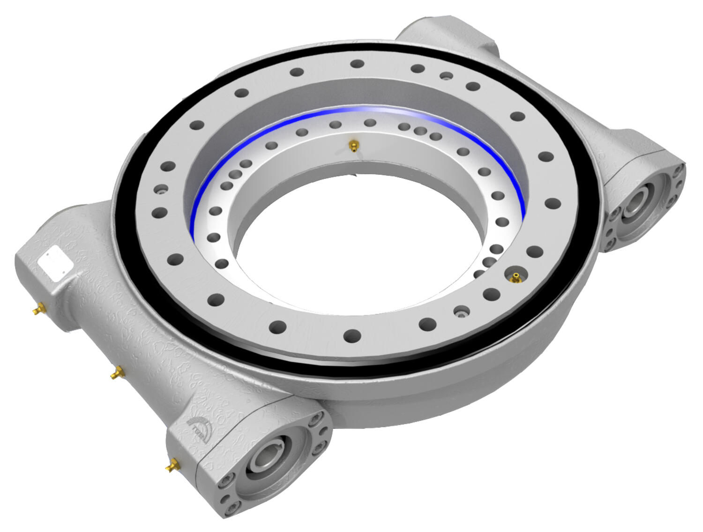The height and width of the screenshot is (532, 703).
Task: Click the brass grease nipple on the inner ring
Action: tap(352, 147)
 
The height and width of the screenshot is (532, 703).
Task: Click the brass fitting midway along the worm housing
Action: tap(116, 373)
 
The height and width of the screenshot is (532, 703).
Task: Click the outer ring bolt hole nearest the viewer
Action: tap(352, 335)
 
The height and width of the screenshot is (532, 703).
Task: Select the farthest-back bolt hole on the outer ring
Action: tap(357, 64)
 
